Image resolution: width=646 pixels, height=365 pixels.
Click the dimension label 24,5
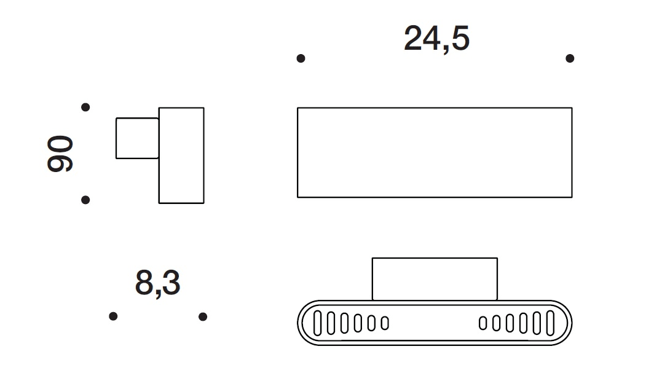[x=436, y=39]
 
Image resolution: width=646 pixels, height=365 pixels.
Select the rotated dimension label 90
[x=60, y=153]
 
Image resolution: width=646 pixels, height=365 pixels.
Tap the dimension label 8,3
[x=157, y=283]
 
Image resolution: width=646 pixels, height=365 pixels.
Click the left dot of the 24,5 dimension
[x=301, y=58]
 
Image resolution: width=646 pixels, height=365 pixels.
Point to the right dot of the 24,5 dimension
[x=570, y=58]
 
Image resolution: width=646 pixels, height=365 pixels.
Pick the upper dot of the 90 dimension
[x=85, y=108]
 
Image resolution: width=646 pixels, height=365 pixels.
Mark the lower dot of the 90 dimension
[x=85, y=200]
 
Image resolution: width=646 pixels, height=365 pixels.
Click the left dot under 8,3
[x=113, y=316]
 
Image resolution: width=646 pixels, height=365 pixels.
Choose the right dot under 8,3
[x=203, y=316]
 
